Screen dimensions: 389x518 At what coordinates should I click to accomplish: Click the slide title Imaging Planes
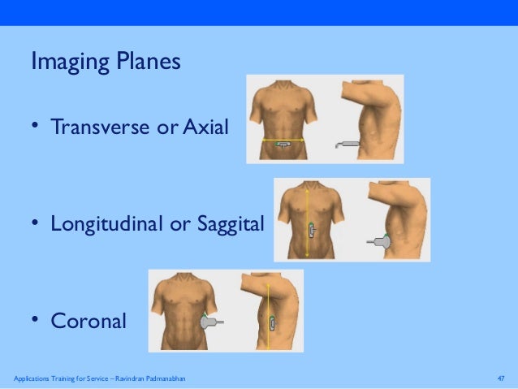pos(106,62)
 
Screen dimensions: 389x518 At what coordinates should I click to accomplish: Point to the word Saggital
pos(228,223)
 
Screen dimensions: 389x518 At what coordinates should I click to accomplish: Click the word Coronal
pos(88,321)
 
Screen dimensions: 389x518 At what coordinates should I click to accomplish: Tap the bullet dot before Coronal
pos(36,320)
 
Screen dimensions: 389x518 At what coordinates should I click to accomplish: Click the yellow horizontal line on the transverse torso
pos(283,140)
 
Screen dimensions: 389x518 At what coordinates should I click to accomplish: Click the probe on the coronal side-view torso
pos(273,322)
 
